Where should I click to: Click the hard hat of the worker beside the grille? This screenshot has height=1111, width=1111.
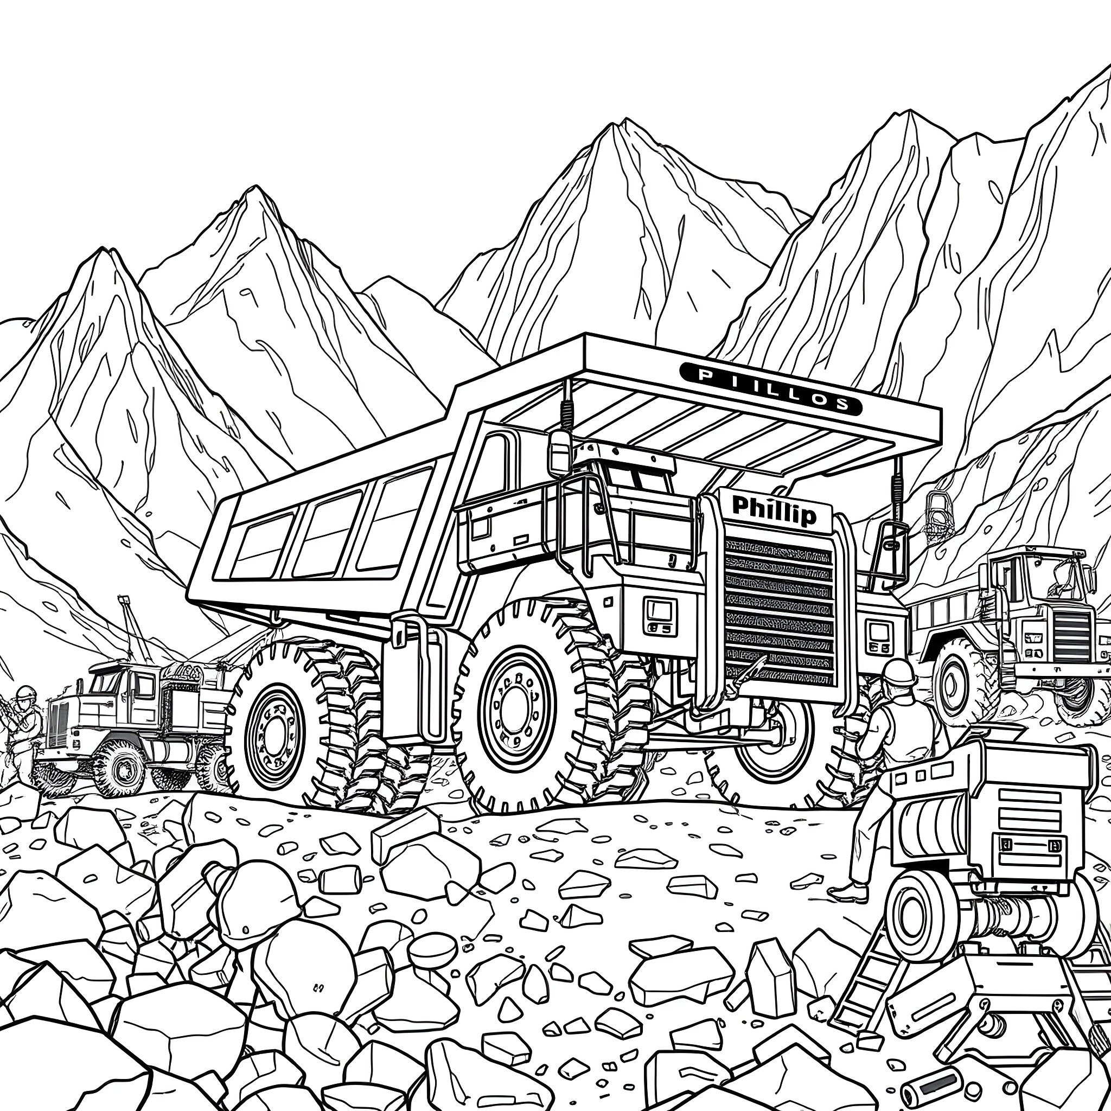click(x=898, y=672)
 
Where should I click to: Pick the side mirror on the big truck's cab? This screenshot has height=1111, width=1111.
click(x=558, y=454)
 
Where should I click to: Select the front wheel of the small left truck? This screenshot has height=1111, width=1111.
click(x=122, y=768)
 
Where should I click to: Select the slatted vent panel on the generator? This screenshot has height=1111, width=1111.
click(x=1029, y=811)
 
